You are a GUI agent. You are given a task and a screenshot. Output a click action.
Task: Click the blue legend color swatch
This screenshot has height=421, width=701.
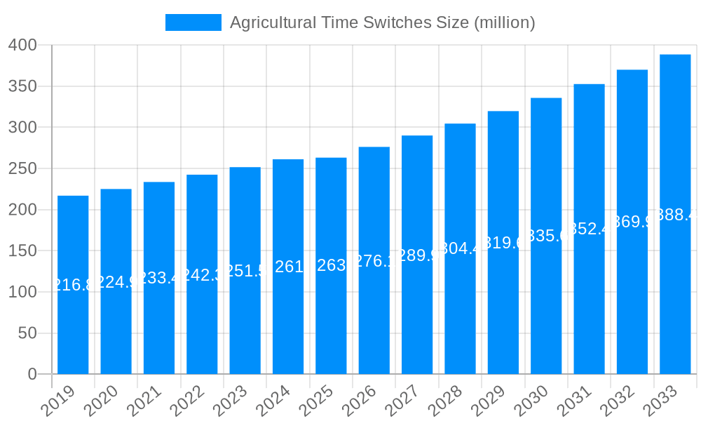[x=193, y=22]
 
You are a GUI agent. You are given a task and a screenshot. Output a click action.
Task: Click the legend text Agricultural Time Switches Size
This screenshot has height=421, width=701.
[x=382, y=22]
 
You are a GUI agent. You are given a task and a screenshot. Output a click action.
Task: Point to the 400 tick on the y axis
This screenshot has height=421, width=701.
[x=22, y=46]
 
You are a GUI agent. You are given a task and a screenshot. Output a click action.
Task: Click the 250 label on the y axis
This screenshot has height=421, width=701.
[x=22, y=169]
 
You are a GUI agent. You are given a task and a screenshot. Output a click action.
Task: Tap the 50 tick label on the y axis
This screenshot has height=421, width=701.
[x=27, y=333]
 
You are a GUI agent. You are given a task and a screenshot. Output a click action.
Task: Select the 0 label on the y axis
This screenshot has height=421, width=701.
[x=32, y=375]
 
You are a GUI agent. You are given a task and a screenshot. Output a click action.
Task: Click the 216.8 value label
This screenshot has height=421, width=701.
[x=73, y=285]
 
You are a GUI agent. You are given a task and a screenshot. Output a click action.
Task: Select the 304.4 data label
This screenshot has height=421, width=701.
[x=460, y=248]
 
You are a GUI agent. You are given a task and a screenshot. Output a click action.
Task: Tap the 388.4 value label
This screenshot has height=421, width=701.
[x=675, y=215]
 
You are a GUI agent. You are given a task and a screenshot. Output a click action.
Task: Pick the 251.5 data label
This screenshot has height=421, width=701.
[x=245, y=271]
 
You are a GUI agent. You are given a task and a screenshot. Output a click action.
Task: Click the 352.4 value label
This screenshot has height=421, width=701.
[x=589, y=229]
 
